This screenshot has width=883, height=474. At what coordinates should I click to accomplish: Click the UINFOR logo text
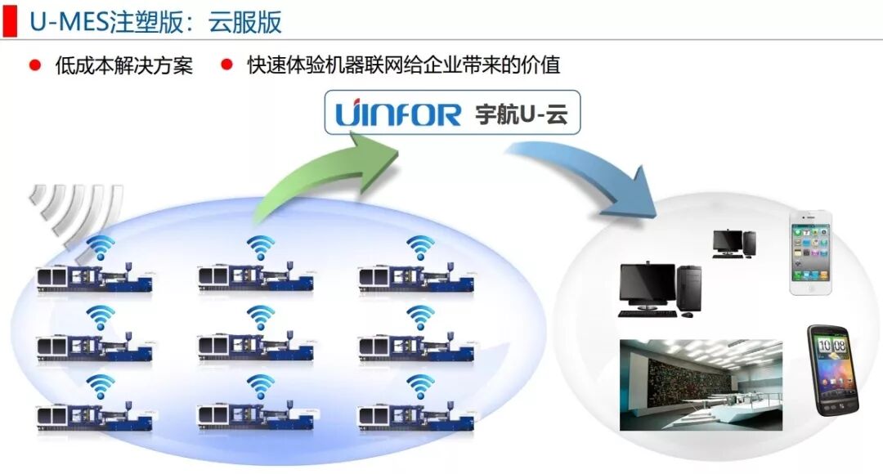tap(398, 114)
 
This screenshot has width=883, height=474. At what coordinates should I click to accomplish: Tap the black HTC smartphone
tap(833, 369)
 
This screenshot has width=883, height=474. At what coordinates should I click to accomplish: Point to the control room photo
tap(701, 385)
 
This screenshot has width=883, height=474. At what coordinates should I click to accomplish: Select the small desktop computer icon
tap(733, 243)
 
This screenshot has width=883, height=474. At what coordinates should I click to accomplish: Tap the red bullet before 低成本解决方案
tap(34, 65)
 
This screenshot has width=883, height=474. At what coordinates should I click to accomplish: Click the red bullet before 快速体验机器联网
tap(226, 65)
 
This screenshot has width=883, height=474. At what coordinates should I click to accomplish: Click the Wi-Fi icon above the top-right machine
tap(421, 246)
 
